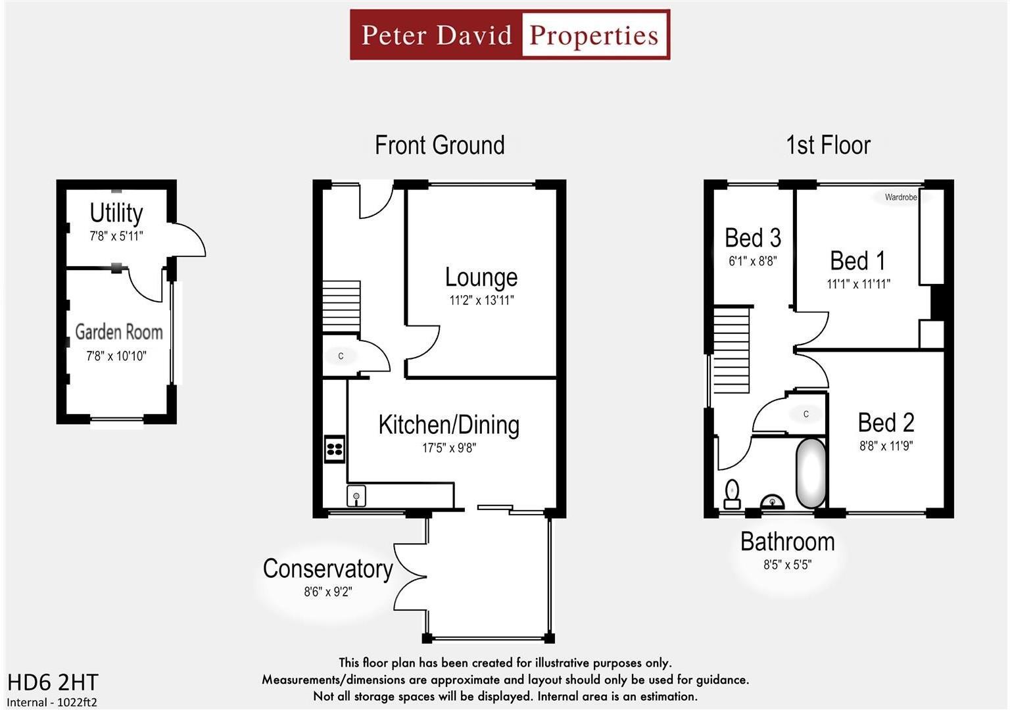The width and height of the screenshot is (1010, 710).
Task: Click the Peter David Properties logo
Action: click(x=510, y=35)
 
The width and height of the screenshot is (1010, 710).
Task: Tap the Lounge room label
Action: click(x=481, y=277)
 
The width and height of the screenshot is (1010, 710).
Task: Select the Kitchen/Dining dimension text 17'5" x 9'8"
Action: click(x=448, y=448)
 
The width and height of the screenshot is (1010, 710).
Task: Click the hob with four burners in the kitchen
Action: click(x=334, y=449)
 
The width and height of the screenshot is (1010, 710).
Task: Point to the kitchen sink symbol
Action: click(x=356, y=496)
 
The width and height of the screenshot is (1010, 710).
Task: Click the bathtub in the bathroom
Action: click(x=811, y=473)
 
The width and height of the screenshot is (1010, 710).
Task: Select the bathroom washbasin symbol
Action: click(x=772, y=502)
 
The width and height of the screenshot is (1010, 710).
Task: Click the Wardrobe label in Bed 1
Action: click(x=900, y=197)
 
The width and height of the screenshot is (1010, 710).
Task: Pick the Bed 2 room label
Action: click(x=886, y=422)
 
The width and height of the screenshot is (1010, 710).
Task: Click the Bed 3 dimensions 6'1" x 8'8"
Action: click(x=752, y=261)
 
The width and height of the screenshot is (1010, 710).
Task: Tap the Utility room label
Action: click(x=116, y=213)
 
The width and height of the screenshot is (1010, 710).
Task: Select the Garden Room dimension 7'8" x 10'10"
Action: click(x=116, y=356)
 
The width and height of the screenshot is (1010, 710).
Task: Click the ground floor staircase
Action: click(x=341, y=306)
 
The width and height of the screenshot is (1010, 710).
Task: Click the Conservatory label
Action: click(x=327, y=569)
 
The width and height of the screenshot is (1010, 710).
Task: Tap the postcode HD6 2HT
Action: click(x=53, y=682)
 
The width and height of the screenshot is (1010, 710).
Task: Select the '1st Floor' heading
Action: click(x=828, y=145)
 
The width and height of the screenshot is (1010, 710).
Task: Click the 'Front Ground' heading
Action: click(x=439, y=145)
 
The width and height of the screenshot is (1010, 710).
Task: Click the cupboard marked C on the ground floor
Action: click(x=341, y=356)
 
